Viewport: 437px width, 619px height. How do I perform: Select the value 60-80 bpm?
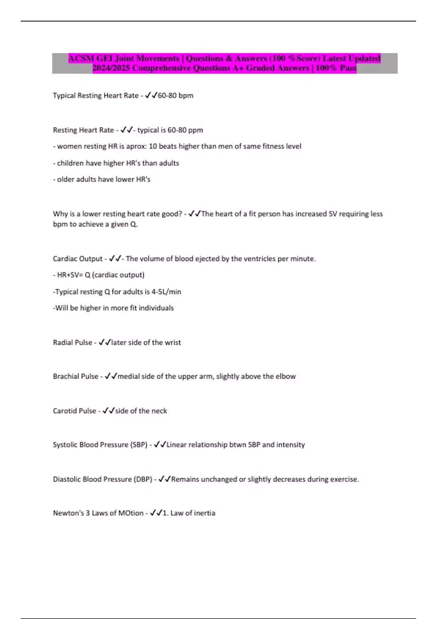[x=176, y=95]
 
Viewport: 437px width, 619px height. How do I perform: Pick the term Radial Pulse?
[x=72, y=343]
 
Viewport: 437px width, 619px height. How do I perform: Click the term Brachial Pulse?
[x=75, y=376]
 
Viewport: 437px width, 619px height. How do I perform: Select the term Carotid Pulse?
[x=74, y=411]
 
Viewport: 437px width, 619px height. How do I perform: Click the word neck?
[x=159, y=411]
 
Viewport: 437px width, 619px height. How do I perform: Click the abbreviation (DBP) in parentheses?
[x=143, y=480]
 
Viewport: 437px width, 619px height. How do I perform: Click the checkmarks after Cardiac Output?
[x=115, y=259]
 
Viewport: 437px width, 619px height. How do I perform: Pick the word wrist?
[x=173, y=343]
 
